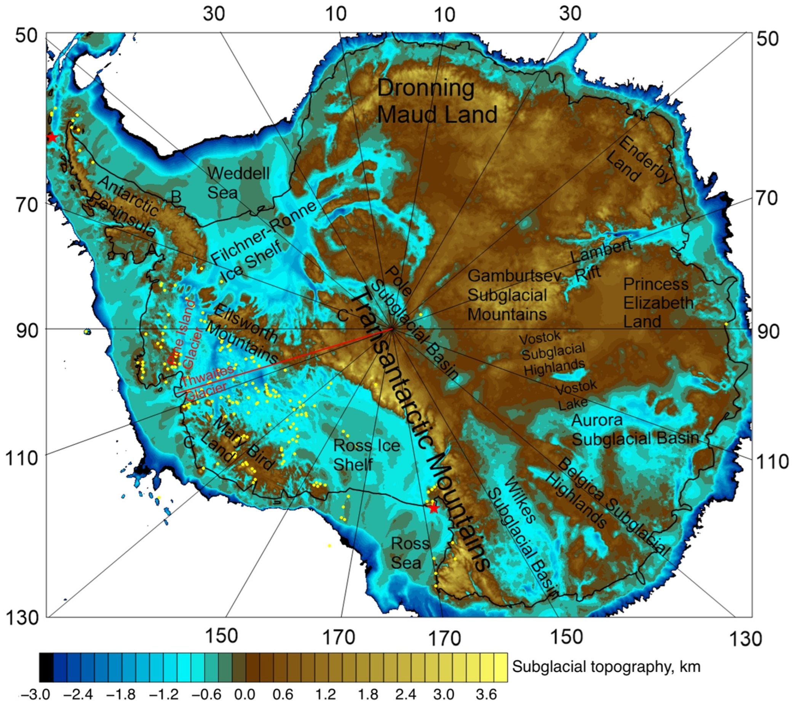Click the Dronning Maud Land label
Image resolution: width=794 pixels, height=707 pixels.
pyautogui.click(x=437, y=102)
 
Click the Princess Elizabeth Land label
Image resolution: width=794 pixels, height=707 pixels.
pyautogui.click(x=658, y=303)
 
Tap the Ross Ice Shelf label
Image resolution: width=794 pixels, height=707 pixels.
pyautogui.click(x=366, y=455)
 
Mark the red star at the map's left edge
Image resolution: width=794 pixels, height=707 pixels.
pyautogui.click(x=51, y=137)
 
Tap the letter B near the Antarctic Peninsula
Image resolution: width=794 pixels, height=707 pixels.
pyautogui.click(x=176, y=197)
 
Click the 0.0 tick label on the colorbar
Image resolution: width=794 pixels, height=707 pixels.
pyautogui.click(x=244, y=694)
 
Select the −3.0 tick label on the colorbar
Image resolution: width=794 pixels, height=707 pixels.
pyautogui.click(x=35, y=694)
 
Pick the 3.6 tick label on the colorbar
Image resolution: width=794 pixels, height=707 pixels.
pyautogui.click(x=486, y=694)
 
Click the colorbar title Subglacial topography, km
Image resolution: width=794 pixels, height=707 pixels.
pyautogui.click(x=606, y=667)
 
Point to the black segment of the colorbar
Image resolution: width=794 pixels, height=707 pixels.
pyautogui.click(x=46, y=667)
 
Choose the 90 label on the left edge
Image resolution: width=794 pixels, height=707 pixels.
pyautogui.click(x=25, y=331)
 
